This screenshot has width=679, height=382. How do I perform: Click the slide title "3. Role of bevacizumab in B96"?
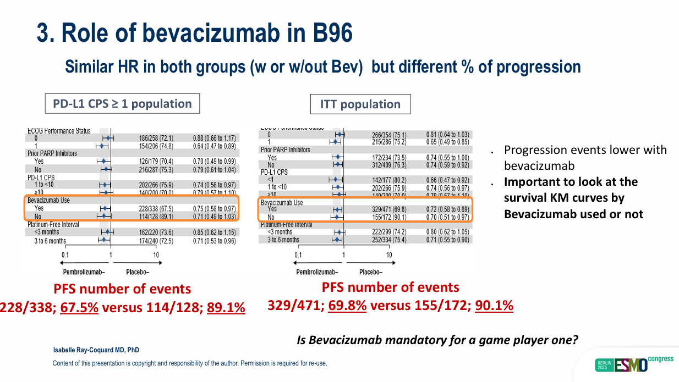click(194, 33)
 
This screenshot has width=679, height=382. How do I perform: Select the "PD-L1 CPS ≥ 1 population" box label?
click(122, 104)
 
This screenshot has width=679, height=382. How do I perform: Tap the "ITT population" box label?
click(360, 104)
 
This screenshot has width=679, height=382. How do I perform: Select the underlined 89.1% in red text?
click(226, 307)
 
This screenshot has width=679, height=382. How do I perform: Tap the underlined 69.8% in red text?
click(347, 306)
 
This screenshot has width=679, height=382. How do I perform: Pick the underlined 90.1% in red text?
click(494, 306)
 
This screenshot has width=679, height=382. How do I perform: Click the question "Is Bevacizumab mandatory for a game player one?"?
click(437, 340)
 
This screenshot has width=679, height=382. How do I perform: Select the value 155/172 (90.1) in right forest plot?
click(388, 218)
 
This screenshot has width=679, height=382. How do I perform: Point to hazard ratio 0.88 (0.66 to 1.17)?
click(214, 138)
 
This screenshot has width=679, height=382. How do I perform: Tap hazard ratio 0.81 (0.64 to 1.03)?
click(447, 135)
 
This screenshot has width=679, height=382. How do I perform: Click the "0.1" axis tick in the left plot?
click(65, 255)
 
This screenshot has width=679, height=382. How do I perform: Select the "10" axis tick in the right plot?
click(389, 254)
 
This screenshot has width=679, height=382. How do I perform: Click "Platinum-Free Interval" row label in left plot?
click(53, 224)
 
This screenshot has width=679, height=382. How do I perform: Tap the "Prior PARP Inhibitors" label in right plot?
click(285, 150)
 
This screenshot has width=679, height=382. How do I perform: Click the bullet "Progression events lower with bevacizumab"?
click(585, 157)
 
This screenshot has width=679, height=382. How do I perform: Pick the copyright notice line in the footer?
click(189, 363)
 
